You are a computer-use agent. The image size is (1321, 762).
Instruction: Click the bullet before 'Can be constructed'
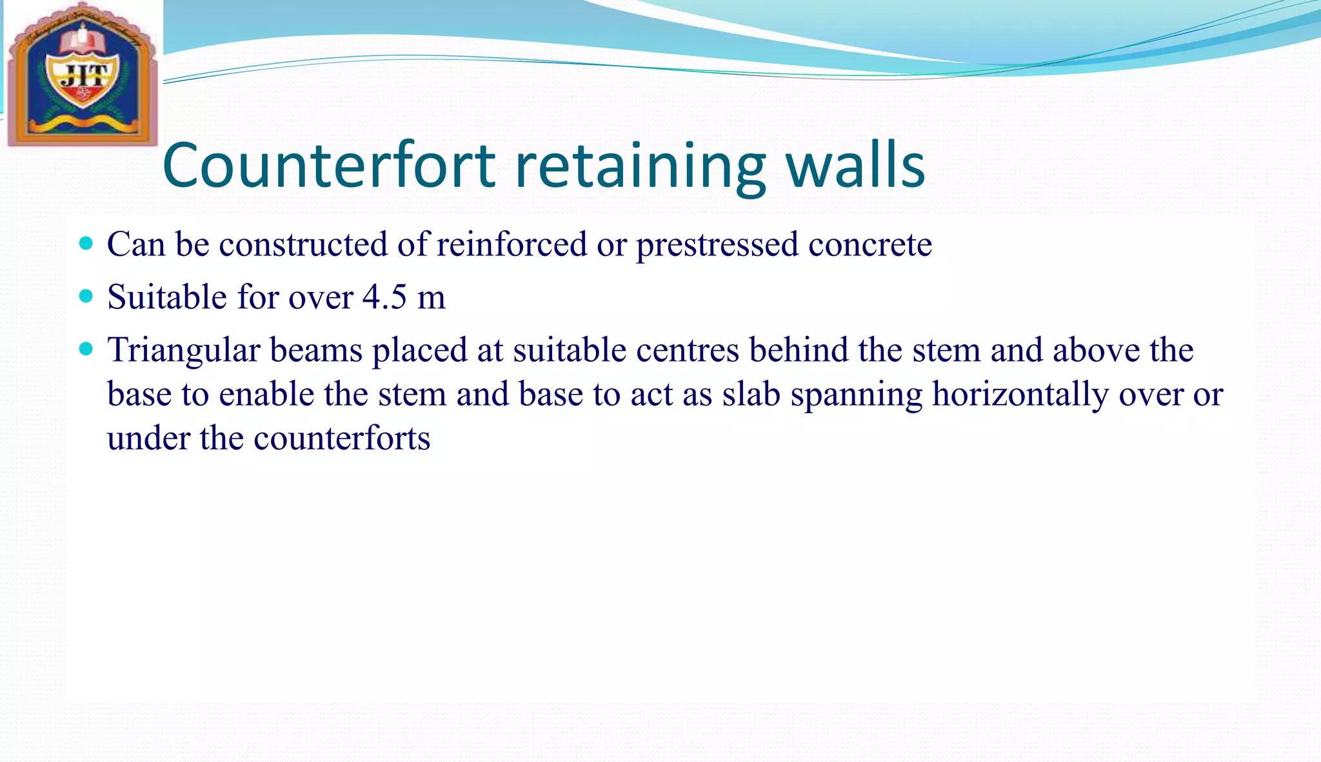[x=85, y=244]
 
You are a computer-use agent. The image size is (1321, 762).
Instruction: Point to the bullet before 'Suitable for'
[x=85, y=297]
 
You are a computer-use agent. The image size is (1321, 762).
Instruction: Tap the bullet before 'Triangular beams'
[x=85, y=349]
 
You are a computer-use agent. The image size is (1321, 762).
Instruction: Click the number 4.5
[x=384, y=297]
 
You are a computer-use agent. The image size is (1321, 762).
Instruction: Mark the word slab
[x=751, y=394]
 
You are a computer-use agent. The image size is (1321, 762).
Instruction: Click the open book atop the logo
[x=83, y=40]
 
